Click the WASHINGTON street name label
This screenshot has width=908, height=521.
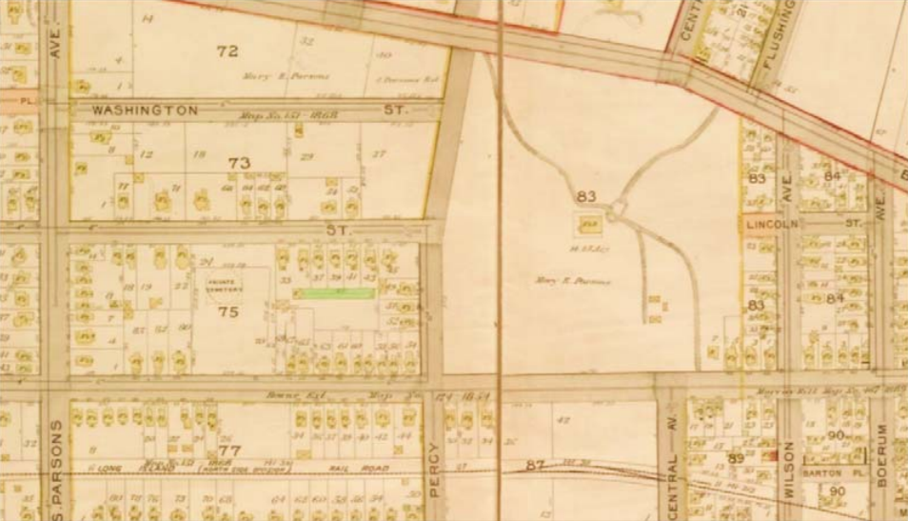pos(145,110)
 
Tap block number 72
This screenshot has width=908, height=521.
pos(227,51)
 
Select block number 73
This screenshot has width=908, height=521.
pos(239,164)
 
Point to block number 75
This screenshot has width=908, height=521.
pos(227,311)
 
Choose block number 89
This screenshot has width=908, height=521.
pos(735,459)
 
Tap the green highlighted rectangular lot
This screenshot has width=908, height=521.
pos(333,294)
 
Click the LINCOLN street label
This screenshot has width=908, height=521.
pos(769,222)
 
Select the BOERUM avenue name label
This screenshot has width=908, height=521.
pos(881,455)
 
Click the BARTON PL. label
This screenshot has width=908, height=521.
pos(825,470)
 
